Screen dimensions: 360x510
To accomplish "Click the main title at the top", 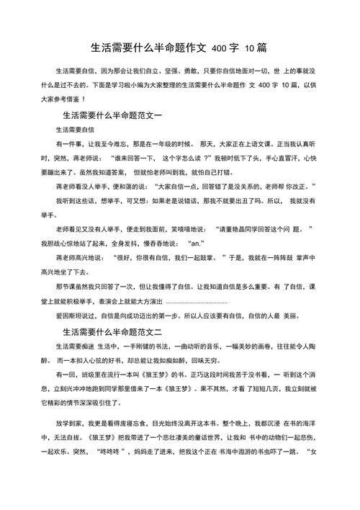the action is tap(180, 48).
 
